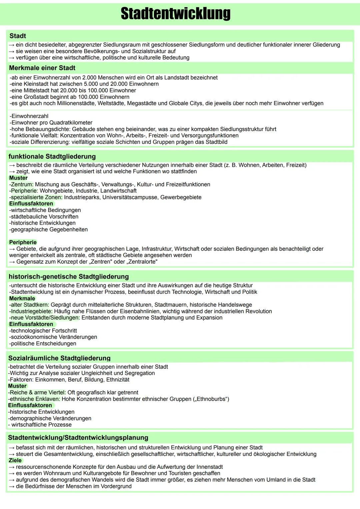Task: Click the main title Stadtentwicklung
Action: [x=176, y=14]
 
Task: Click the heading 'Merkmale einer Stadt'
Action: [x=42, y=68]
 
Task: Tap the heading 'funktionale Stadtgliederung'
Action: [x=52, y=156]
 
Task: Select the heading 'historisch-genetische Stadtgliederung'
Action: [x=69, y=277]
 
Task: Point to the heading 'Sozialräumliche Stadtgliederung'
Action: [x=59, y=358]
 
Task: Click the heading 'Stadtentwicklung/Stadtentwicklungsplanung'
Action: [x=78, y=438]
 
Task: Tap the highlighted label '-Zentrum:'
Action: [x=21, y=184]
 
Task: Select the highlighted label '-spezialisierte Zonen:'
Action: [x=36, y=197]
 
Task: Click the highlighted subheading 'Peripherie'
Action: [x=23, y=242]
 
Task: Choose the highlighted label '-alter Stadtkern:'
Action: [x=29, y=305]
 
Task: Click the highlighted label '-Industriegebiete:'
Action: [x=31, y=311]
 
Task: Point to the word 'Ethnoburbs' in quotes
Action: [x=211, y=399]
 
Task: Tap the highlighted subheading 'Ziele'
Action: [x=15, y=460]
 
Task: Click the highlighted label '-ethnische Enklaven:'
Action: [x=34, y=399]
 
